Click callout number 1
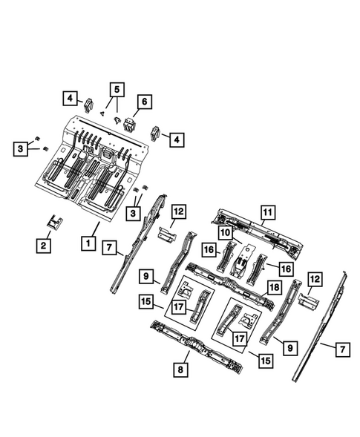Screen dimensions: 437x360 pyautogui.click(x=88, y=243)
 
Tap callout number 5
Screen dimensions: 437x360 pyautogui.click(x=115, y=90)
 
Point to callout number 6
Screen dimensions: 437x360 pyautogui.click(x=143, y=101)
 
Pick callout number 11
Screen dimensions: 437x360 pyautogui.click(x=266, y=214)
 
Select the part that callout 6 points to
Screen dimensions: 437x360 pyautogui.click(x=131, y=123)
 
